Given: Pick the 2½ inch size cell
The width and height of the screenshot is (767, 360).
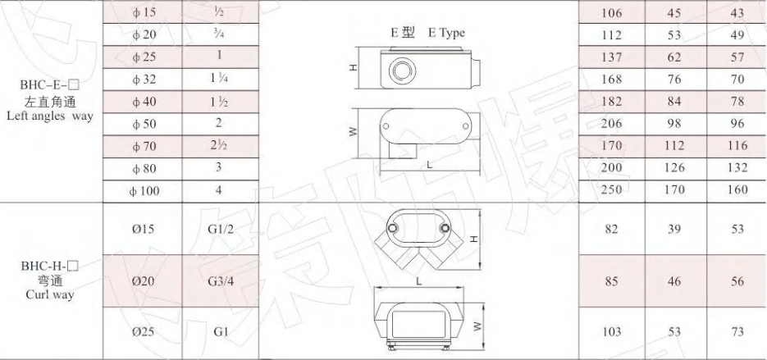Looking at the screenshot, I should [x=219, y=146].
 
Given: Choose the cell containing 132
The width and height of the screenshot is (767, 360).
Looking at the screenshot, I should [x=737, y=168].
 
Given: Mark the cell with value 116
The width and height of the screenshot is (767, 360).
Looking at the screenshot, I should [x=737, y=146].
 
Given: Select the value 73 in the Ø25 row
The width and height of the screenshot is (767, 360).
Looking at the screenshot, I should [x=737, y=332].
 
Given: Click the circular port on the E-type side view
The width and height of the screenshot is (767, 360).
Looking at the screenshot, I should [x=401, y=69].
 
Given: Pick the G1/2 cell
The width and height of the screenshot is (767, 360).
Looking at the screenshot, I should [x=221, y=229].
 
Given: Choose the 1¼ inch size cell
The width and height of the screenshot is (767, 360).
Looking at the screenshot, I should [x=219, y=80].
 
